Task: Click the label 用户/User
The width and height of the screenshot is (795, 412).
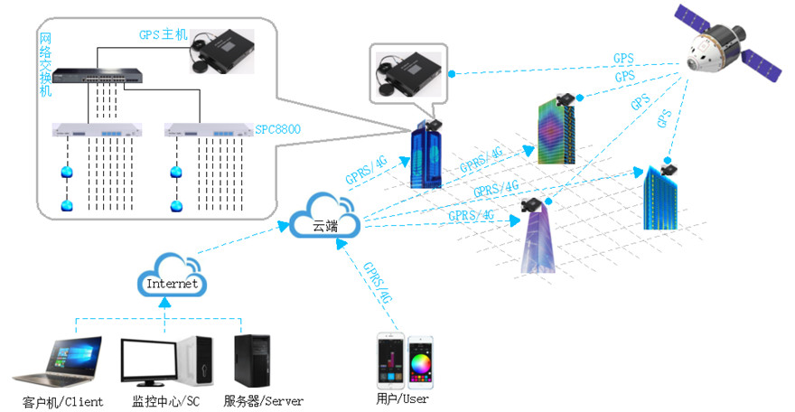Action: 402,398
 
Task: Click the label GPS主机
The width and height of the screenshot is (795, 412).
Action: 162,35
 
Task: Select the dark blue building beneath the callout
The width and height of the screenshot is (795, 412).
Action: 426,157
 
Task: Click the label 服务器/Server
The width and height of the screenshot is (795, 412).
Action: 263,401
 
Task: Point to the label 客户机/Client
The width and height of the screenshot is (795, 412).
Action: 62,401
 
